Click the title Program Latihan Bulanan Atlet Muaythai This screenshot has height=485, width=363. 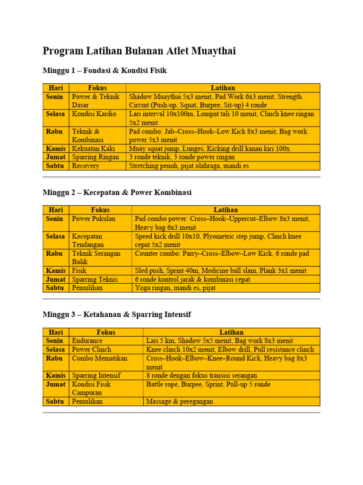(139, 51)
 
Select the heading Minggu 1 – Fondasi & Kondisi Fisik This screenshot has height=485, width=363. (104, 71)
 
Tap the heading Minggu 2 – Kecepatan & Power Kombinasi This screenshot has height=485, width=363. (117, 193)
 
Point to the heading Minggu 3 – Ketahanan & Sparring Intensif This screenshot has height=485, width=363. (117, 314)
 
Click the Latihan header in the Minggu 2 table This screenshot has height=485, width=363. (225, 210)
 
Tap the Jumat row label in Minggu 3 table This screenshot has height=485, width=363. (55, 384)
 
